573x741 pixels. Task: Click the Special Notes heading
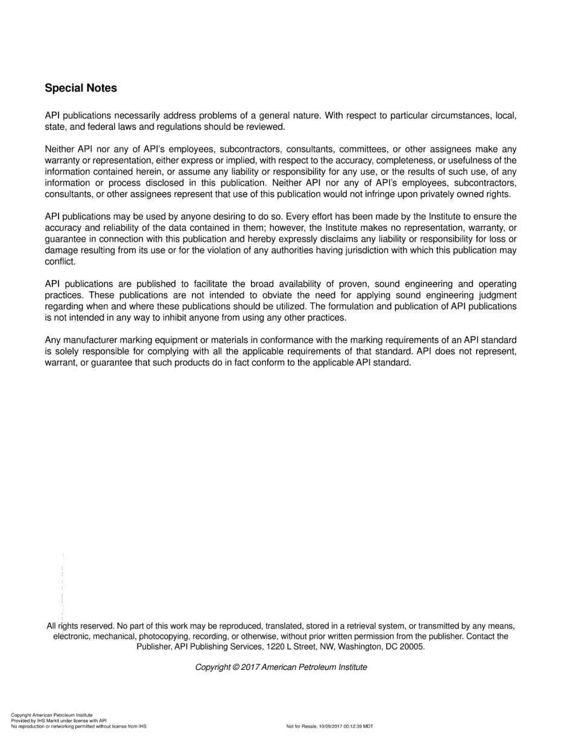(81, 88)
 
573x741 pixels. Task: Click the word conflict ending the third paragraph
(60, 261)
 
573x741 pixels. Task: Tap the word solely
(67, 351)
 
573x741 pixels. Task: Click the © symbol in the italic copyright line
(236, 667)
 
